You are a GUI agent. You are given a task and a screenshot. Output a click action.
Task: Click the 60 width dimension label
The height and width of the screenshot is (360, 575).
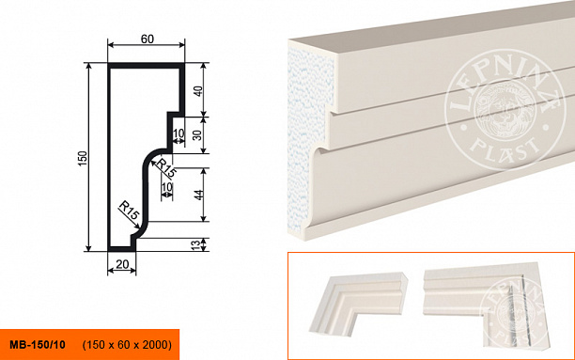148,39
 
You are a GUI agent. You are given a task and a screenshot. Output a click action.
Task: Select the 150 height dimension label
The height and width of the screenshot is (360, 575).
83,158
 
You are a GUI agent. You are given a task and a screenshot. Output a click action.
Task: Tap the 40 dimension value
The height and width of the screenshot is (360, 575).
198,90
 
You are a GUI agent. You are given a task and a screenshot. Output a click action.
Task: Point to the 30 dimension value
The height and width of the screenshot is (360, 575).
197,135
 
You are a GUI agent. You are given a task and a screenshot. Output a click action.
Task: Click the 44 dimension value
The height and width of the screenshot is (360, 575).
198,195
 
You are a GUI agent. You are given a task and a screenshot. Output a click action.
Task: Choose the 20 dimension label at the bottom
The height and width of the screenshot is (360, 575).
122,264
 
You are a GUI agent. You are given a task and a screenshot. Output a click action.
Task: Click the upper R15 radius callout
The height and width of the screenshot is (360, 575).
166,168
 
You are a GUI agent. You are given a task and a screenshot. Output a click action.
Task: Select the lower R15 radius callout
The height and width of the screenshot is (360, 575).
129,211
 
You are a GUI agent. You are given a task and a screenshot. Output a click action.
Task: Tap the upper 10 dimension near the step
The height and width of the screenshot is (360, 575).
179,133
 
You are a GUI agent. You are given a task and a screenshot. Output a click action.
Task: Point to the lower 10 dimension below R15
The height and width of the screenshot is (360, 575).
167,187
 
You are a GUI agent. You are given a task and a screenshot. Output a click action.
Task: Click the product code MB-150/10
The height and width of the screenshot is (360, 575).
38,345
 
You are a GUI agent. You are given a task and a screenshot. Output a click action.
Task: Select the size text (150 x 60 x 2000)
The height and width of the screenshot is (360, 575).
127,345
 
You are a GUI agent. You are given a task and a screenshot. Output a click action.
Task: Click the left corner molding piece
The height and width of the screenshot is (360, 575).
358,303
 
